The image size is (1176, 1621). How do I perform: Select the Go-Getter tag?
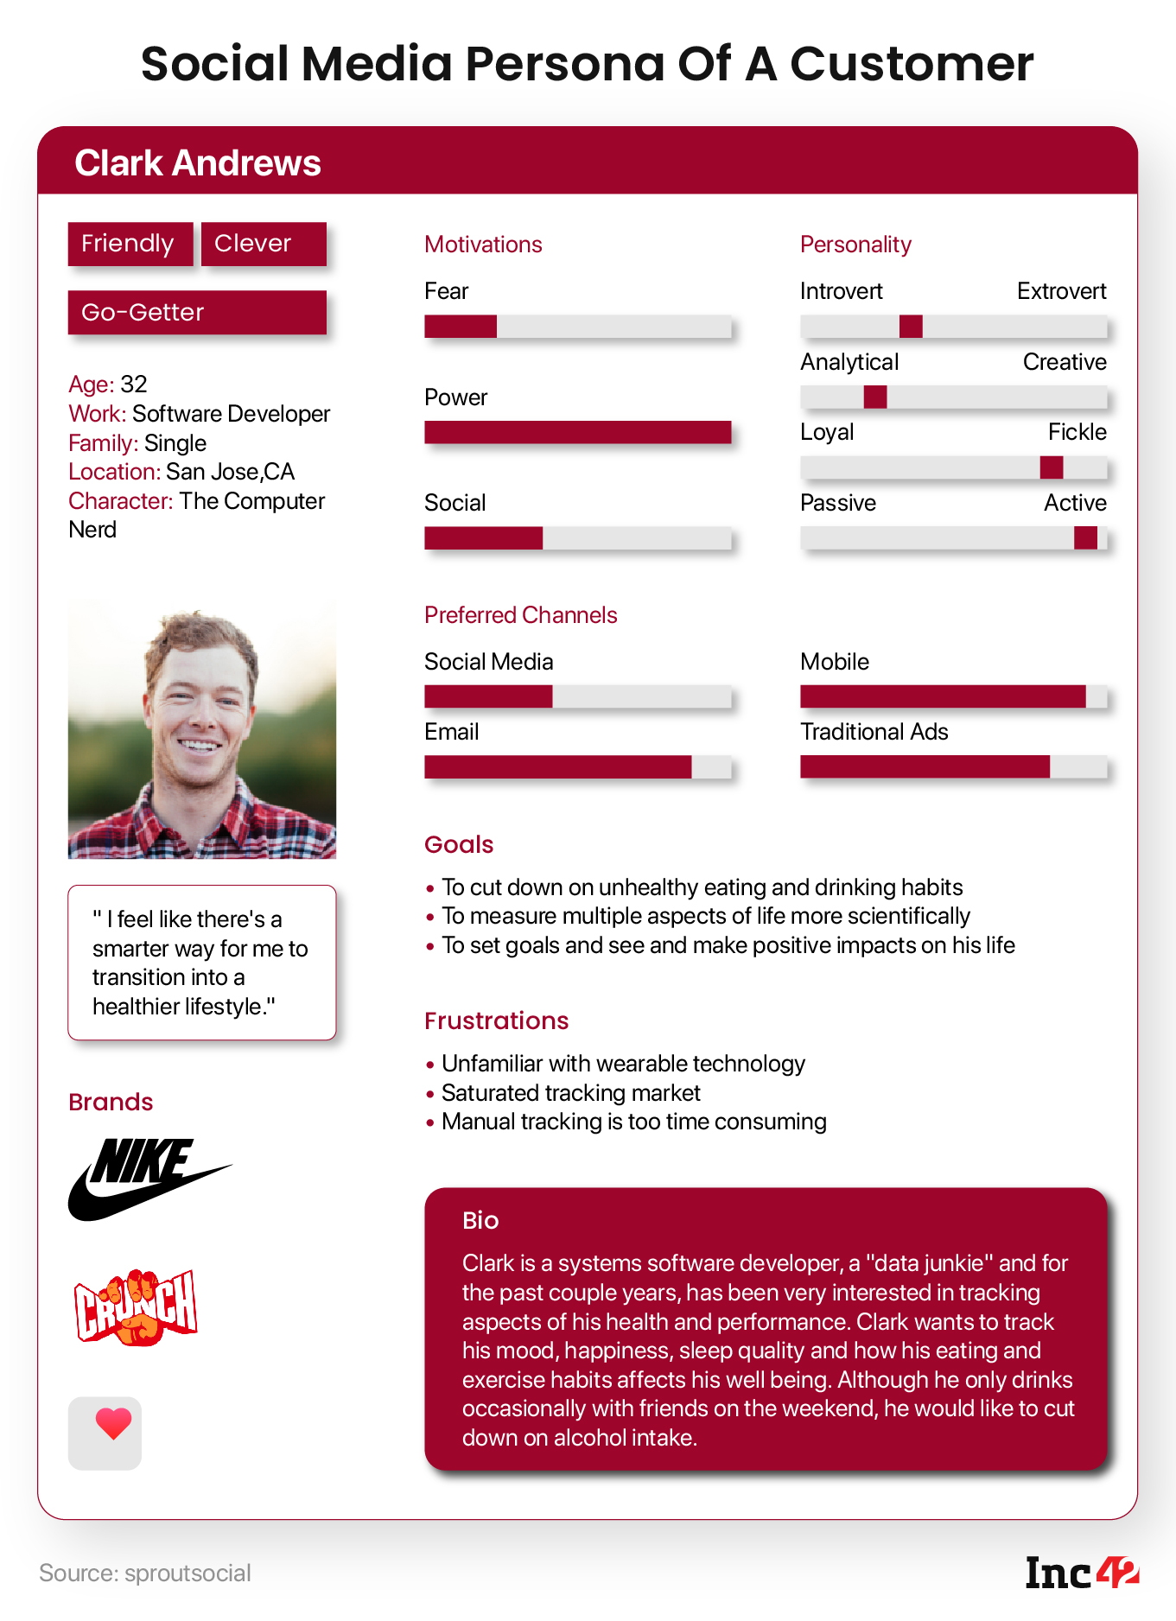tap(197, 312)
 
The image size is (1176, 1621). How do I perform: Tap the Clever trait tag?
tap(264, 244)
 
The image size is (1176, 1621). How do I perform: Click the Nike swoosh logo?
tap(147, 1179)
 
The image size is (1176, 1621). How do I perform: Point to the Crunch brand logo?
tap(136, 1306)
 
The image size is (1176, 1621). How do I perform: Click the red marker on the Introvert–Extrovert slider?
tap(911, 327)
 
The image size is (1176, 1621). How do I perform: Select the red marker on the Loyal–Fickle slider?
tap(1052, 467)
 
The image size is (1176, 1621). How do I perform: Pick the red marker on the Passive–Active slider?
tap(1085, 537)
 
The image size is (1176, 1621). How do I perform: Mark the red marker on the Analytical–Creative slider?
tap(875, 397)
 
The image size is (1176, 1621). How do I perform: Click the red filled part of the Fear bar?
tap(461, 327)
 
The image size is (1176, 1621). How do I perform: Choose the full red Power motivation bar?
tap(577, 432)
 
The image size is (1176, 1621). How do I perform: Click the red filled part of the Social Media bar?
tap(488, 696)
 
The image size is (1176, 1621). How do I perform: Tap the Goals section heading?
tap(459, 844)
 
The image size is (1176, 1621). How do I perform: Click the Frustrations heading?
tap(496, 1020)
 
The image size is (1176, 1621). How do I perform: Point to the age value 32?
tap(134, 384)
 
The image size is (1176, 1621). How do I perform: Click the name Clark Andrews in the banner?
tap(198, 162)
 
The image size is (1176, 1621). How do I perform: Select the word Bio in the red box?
tap(480, 1220)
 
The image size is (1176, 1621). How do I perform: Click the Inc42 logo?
tap(1081, 1573)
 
